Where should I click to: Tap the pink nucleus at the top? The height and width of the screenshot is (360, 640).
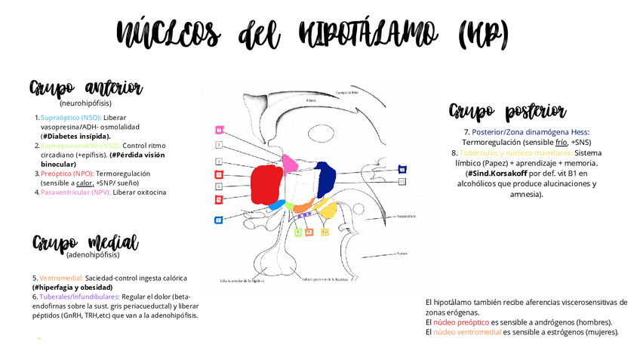click(290, 162)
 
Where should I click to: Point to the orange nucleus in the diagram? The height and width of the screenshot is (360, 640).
click(302, 206)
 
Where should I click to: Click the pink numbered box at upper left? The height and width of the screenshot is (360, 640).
click(218, 129)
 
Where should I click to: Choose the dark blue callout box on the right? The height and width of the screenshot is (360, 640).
click(402, 169)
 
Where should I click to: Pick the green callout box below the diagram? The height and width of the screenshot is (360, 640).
click(297, 232)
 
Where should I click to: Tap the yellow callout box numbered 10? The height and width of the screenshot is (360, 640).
click(325, 232)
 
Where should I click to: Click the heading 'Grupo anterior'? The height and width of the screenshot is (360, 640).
click(86, 88)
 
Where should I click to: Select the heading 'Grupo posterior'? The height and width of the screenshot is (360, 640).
click(508, 112)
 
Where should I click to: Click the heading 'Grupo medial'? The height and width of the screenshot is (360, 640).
click(85, 243)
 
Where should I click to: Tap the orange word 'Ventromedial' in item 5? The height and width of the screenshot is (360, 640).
click(63, 278)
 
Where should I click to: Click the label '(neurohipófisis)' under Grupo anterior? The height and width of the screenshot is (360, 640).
click(85, 103)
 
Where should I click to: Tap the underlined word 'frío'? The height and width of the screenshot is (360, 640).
click(561, 141)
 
